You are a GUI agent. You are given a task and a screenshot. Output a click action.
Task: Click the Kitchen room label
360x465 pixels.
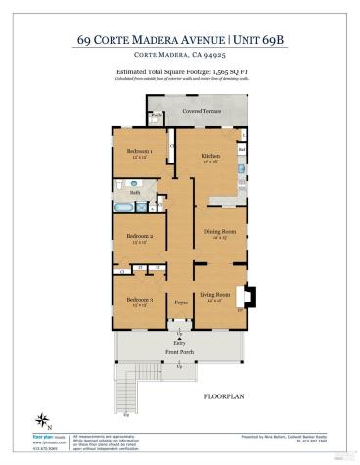[x=211, y=156]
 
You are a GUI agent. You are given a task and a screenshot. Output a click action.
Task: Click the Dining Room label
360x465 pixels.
[x=215, y=231]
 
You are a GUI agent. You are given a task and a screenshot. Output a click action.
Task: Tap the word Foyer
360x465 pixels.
[x=180, y=303]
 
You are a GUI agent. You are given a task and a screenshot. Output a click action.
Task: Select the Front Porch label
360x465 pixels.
[x=180, y=353]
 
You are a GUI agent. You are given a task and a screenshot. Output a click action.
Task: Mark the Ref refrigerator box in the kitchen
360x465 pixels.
[x=241, y=150]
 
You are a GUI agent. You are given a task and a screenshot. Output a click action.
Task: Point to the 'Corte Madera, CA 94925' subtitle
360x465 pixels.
[x=180, y=55]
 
